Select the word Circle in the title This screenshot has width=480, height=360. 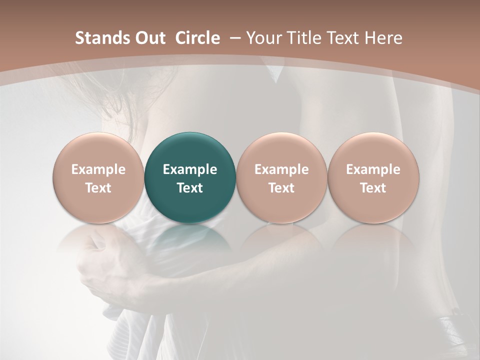pos(197,38)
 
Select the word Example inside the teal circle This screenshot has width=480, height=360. pos(190,169)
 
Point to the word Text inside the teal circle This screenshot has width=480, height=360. pos(190,188)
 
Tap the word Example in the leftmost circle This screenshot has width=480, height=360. pos(98,169)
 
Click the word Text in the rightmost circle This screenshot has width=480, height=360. pos(373,188)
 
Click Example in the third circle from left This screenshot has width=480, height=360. pos(281,169)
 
